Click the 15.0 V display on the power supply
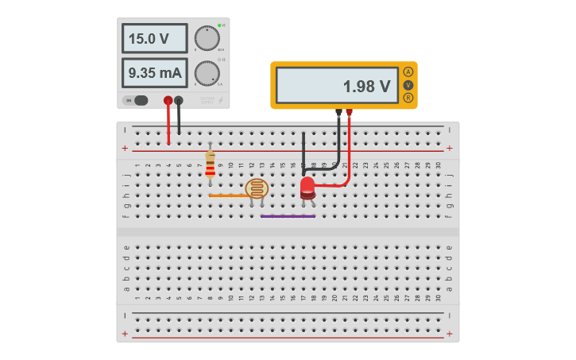click(x=154, y=38)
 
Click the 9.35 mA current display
click(x=154, y=73)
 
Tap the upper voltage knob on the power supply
click(x=207, y=38)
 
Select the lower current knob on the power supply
click(x=207, y=73)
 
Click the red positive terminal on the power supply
click(x=168, y=101)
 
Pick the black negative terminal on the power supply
click(x=179, y=101)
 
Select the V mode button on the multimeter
click(x=408, y=85)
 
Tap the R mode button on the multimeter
click(x=408, y=98)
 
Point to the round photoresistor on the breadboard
click(x=257, y=188)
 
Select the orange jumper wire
click(x=226, y=195)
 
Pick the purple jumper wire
click(x=288, y=215)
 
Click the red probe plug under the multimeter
click(x=349, y=113)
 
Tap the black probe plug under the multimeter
click(x=339, y=113)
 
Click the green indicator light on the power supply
click(x=219, y=25)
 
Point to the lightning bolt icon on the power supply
click(x=220, y=100)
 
